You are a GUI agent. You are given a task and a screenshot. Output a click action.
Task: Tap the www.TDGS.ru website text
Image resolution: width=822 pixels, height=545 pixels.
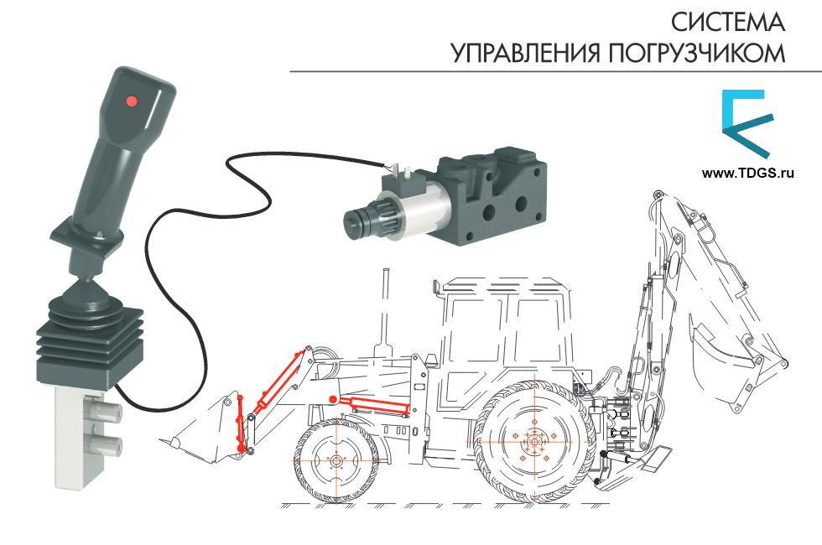(x=747, y=174)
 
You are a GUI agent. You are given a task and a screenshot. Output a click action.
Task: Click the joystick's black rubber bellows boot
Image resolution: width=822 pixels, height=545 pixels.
(x=89, y=335)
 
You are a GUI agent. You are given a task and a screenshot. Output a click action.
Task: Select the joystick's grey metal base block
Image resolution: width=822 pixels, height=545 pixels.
(x=78, y=436)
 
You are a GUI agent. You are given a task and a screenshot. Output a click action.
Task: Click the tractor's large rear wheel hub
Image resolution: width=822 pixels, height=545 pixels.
(x=534, y=441)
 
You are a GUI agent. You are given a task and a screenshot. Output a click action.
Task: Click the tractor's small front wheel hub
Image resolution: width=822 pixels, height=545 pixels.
(x=336, y=462)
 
